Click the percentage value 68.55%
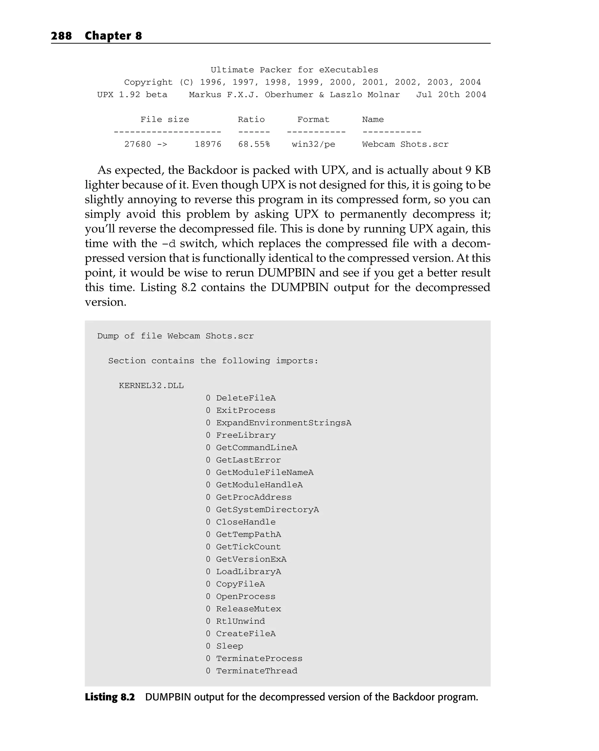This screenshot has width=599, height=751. [254, 144]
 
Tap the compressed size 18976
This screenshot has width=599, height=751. [208, 144]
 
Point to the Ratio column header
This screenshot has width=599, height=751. [251, 119]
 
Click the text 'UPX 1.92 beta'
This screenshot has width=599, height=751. [132, 95]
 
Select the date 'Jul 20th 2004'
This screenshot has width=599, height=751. [451, 95]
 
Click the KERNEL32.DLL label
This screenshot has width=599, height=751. [151, 386]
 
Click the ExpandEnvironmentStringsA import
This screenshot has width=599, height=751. [283, 423]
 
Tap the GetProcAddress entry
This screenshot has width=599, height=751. [254, 497]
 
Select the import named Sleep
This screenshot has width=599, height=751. [230, 646]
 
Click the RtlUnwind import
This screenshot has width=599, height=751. [240, 621]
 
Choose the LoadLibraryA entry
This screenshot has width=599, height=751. [248, 572]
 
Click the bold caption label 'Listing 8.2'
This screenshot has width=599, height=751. [110, 697]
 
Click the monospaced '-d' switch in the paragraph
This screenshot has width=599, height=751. [169, 243]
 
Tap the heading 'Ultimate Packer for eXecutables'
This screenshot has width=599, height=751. [294, 70]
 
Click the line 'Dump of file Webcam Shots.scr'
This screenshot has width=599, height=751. [175, 336]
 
